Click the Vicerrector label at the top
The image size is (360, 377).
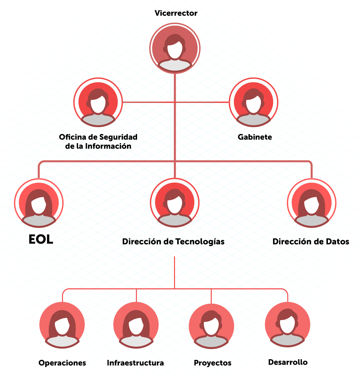click(176, 14)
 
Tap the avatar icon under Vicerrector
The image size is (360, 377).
click(175, 48)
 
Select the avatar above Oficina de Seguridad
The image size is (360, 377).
click(98, 102)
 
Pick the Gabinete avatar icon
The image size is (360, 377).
click(254, 102)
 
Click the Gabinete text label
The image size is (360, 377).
click(255, 137)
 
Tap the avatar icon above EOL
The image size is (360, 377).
click(39, 203)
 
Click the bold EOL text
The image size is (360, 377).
click(41, 239)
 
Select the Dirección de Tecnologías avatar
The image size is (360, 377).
click(175, 203)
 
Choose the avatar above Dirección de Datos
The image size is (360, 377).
click(312, 203)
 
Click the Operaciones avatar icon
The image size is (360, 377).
click(62, 325)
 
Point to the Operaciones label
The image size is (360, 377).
click(62, 363)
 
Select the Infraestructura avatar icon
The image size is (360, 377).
click(136, 325)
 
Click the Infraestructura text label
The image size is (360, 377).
click(135, 363)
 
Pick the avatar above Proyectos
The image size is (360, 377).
click(211, 325)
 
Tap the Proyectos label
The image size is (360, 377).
click(212, 363)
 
